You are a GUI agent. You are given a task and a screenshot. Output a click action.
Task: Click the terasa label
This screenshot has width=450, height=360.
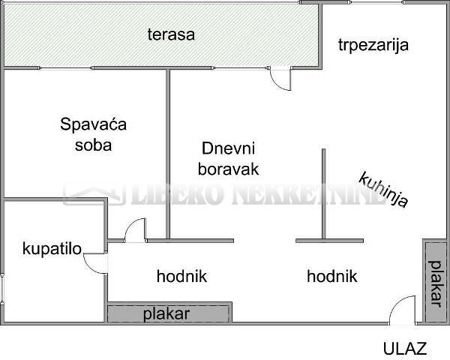[x=171, y=34]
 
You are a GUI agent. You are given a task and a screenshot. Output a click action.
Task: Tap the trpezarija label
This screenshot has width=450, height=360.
[x=373, y=45]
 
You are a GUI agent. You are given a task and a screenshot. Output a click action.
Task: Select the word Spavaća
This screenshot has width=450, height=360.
[x=93, y=124]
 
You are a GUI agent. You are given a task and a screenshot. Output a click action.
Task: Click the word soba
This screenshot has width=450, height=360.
[x=93, y=145]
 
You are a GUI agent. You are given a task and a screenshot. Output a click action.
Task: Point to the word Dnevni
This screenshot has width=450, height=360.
[x=229, y=148]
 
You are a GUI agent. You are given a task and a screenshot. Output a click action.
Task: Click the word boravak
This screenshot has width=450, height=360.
[x=229, y=169]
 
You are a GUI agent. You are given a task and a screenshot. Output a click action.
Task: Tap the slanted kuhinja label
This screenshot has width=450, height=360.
[x=383, y=190]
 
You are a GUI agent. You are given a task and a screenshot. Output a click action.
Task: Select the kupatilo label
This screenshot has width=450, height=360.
[x=52, y=249]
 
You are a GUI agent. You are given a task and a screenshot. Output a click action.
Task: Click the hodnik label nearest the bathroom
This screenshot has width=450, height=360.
[x=181, y=276]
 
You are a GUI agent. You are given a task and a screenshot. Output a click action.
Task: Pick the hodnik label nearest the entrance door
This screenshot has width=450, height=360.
[x=332, y=276]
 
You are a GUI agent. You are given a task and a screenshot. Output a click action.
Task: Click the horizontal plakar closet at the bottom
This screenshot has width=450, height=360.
[x=169, y=313]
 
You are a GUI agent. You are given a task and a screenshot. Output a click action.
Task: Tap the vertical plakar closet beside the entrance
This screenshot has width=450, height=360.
[x=435, y=282]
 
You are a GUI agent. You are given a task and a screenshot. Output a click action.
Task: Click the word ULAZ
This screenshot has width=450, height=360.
[x=405, y=348]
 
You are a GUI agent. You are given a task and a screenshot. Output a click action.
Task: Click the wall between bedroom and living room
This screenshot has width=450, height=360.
[x=168, y=154]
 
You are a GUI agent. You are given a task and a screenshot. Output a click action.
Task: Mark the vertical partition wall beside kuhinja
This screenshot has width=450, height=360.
[x=324, y=194]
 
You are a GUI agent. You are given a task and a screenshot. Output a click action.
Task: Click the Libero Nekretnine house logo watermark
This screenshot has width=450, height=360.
[x=94, y=195]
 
